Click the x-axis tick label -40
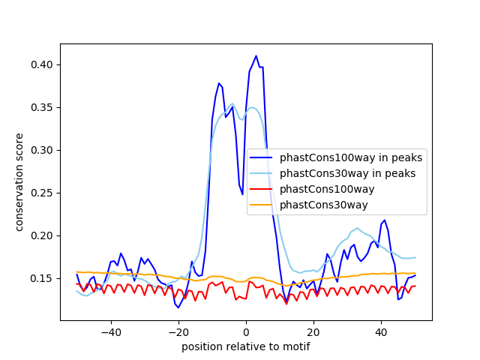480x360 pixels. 110,331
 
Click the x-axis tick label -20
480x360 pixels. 178,331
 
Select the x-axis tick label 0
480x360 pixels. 246,331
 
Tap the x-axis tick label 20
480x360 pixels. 313,331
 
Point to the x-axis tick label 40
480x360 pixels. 381,331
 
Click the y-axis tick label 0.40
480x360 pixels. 41,64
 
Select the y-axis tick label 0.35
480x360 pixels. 41,107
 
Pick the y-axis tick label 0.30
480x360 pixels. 41,150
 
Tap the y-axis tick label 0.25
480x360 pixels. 41,193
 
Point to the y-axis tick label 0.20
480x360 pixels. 41,235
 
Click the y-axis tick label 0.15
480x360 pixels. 41,278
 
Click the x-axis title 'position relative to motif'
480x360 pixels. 246,346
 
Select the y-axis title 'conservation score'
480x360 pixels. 19,182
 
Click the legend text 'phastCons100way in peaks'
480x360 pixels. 351,157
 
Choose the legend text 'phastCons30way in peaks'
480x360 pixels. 347,173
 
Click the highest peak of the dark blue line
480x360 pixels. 256,55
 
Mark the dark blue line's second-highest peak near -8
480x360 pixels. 219,83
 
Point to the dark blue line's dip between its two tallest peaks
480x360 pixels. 242,194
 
